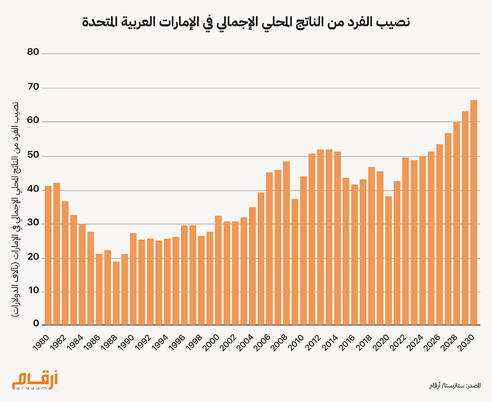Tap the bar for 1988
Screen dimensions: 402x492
tap(116, 293)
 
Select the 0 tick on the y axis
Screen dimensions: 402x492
tap(35, 324)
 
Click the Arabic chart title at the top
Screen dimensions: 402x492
tap(246, 23)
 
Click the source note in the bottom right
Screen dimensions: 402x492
tap(455, 386)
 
